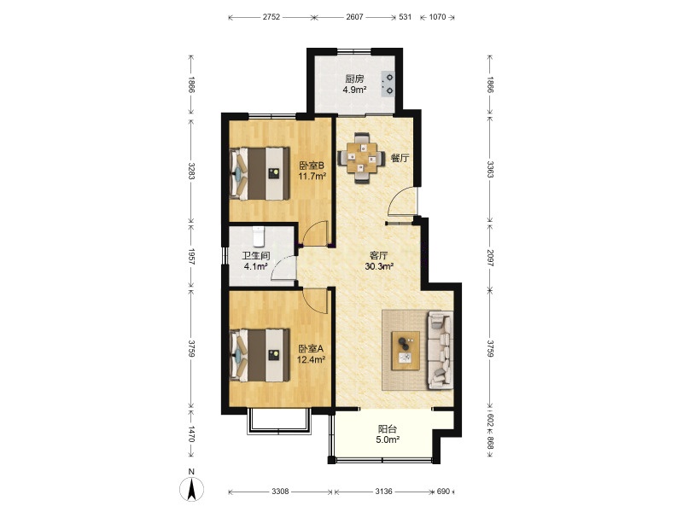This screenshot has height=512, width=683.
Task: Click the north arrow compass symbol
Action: click(x=191, y=488)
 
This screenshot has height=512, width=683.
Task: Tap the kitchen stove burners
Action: click(x=388, y=84)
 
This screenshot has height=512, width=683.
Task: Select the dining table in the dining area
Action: click(x=361, y=158)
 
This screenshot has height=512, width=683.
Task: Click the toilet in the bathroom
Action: click(x=259, y=236)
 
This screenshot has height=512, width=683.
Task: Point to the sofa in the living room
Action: click(x=439, y=350)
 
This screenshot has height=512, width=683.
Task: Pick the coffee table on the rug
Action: click(x=406, y=351)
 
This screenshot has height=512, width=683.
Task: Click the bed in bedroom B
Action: click(x=260, y=173)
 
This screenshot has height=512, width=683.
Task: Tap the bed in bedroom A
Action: click(x=260, y=355)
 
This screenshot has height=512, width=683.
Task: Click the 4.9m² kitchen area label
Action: click(x=354, y=90)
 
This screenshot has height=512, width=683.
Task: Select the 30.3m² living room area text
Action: click(x=379, y=266)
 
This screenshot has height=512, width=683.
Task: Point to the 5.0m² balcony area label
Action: click(x=388, y=439)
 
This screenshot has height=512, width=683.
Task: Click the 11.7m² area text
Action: click(x=312, y=176)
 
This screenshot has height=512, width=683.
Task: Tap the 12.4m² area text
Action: click(x=311, y=359)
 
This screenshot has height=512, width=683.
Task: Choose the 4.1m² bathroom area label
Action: click(x=255, y=266)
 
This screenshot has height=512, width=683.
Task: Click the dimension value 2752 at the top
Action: click(x=271, y=17)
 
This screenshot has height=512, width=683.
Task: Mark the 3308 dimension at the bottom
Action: click(x=280, y=492)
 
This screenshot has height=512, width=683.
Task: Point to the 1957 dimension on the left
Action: click(x=190, y=257)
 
